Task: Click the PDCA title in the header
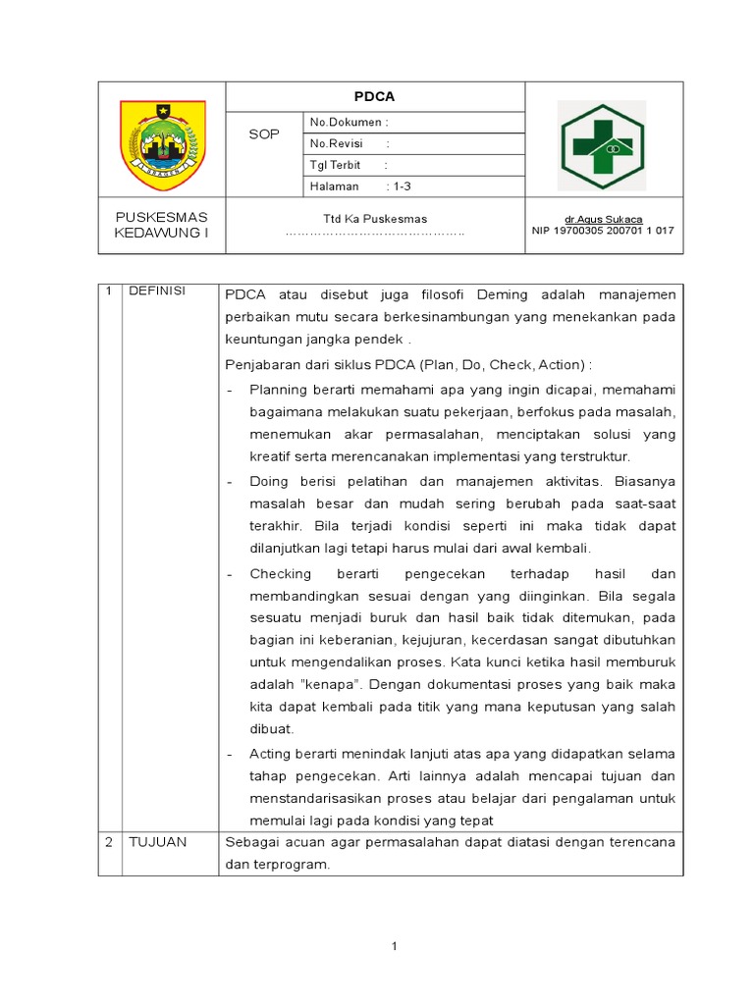(x=374, y=97)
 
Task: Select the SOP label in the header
(x=264, y=133)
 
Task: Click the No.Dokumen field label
(x=349, y=123)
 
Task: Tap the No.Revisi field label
(x=337, y=143)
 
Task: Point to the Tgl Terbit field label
(x=335, y=165)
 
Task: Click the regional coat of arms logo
(x=162, y=144)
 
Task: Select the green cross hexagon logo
(x=601, y=145)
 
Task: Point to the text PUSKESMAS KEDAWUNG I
(x=162, y=225)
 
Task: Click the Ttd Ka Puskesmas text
(x=375, y=219)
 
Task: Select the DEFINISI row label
(x=157, y=292)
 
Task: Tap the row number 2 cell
(x=110, y=842)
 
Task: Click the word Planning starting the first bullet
(x=279, y=390)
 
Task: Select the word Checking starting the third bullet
(x=280, y=573)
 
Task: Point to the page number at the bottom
(x=394, y=946)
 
